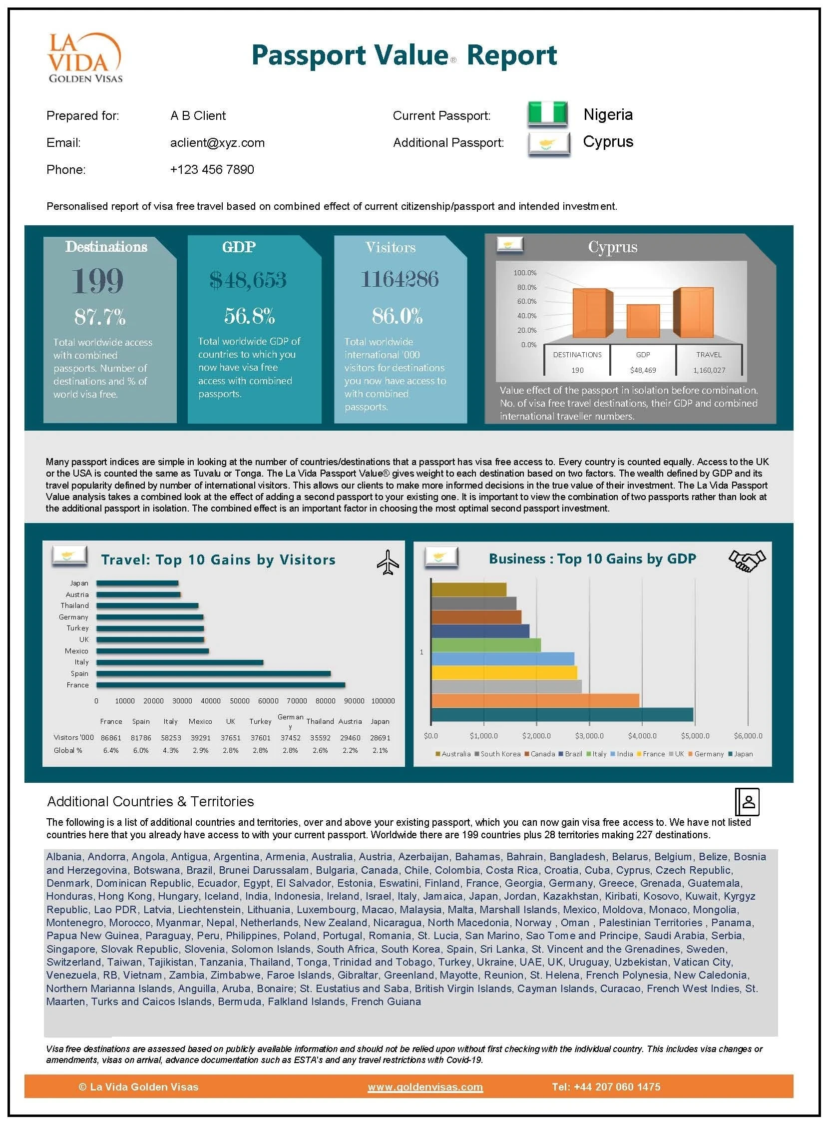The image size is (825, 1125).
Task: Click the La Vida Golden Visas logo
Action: pos(85,57)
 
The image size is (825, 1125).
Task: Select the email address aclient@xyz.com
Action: pos(217,143)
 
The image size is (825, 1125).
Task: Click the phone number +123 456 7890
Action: pos(212,170)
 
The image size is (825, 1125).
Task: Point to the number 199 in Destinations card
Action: pos(97,281)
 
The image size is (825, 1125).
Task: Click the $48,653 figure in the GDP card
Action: pos(248,280)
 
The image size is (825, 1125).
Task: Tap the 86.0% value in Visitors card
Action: pos(398,316)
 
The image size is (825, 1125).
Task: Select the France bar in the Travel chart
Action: pos(220,685)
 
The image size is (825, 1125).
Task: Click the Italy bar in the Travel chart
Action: pos(180,662)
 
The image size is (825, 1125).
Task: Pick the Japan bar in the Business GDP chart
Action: pos(562,714)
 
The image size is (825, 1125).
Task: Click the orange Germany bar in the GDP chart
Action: pos(535,700)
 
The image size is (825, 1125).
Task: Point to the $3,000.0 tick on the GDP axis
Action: pos(589,736)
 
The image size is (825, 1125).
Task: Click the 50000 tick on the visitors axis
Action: pos(239,701)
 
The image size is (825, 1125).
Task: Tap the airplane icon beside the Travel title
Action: pos(388,562)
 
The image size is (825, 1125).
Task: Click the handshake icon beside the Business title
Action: pos(747,560)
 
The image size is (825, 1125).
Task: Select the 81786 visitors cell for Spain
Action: pos(141,737)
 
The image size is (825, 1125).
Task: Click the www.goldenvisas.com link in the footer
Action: pos(425,1087)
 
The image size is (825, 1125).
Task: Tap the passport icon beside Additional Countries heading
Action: pos(748,802)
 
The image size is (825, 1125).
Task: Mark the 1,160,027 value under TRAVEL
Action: pos(709,370)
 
